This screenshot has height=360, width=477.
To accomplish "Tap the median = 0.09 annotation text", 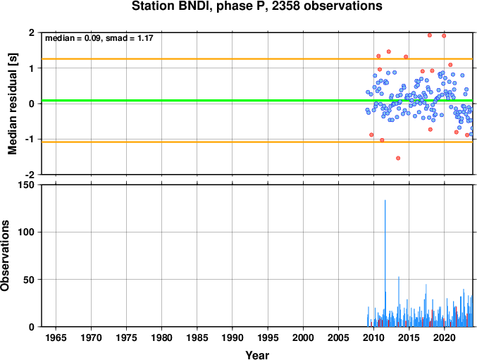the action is [x=73, y=38].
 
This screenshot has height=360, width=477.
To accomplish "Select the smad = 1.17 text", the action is [x=129, y=38].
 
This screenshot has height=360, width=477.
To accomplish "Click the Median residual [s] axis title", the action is [x=13, y=104].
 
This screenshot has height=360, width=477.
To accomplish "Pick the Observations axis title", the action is [x=5, y=256].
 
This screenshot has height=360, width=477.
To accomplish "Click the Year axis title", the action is [x=257, y=355].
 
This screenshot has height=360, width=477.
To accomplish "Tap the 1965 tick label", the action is [x=56, y=337].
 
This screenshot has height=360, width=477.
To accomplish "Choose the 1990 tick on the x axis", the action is [x=233, y=337].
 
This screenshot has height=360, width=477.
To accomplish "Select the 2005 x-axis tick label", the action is [x=338, y=337].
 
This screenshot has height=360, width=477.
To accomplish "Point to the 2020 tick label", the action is [x=445, y=337].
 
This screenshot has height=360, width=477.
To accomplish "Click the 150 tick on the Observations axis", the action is [x=27, y=185].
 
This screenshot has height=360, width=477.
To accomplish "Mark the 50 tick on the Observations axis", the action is [x=29, y=280].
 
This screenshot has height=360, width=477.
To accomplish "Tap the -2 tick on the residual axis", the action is [x=31, y=175].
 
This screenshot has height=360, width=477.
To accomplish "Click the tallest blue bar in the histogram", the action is [x=385, y=263].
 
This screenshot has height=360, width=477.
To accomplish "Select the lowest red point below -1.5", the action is [x=398, y=158].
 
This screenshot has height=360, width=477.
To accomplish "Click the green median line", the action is [x=257, y=100].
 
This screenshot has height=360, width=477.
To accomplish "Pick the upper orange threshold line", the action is [x=257, y=59].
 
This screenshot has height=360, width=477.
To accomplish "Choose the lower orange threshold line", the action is [x=257, y=142].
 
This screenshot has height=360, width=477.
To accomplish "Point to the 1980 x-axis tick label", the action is [x=161, y=337].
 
